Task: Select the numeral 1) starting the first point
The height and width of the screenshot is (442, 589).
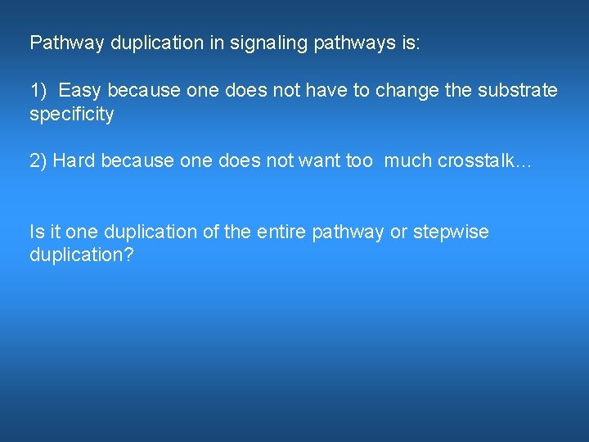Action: coord(38,90)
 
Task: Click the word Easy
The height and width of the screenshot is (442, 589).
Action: coord(80,90)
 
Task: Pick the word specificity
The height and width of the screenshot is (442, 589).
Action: coord(72,114)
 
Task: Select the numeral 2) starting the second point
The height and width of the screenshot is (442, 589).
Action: coord(38,161)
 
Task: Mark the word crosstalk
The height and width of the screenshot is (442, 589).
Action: coord(472,161)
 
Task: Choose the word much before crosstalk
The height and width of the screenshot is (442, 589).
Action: coord(407,161)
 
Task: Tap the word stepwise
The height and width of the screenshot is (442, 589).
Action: coord(451,232)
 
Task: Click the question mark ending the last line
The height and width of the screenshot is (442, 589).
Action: coord(129,255)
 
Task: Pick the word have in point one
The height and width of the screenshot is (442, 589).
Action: coord(328,90)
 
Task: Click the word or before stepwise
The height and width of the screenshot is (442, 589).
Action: coord(398,232)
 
